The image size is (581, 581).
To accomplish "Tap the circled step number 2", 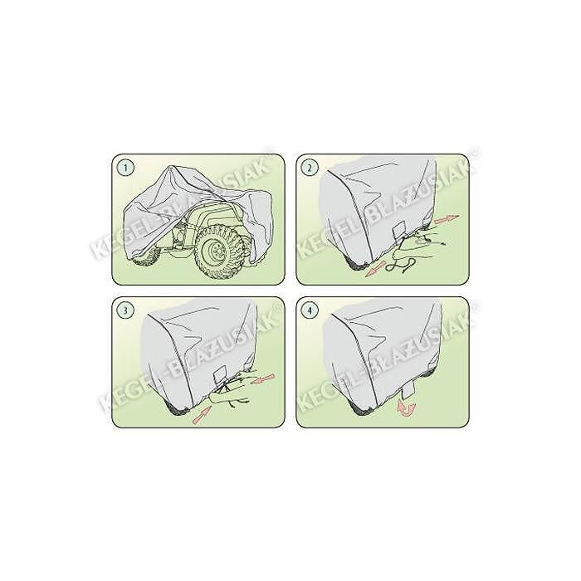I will tap(310, 168).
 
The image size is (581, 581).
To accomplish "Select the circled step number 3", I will tap(124, 311).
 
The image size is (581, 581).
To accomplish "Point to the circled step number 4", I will tap(310, 311).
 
